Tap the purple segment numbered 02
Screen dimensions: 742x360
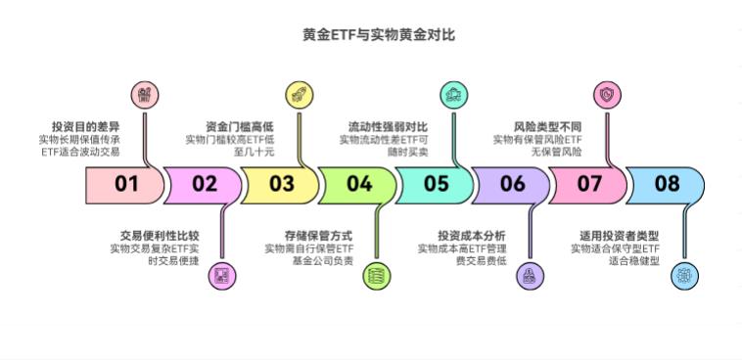pyautogui.click(x=204, y=183)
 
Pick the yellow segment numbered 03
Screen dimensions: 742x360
pyautogui.click(x=281, y=183)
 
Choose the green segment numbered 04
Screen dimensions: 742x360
pyautogui.click(x=358, y=183)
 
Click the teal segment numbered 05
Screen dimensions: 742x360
pyautogui.click(x=436, y=183)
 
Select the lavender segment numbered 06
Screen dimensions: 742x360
pyautogui.click(x=512, y=183)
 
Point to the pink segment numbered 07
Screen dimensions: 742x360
pyautogui.click(x=589, y=183)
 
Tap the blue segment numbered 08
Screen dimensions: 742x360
pyautogui.click(x=667, y=183)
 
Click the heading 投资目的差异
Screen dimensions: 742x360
pyautogui.click(x=86, y=126)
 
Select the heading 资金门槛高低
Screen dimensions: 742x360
pyautogui.click(x=240, y=126)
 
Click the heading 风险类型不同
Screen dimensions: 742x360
pyautogui.click(x=547, y=126)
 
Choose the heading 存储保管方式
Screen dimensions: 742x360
pyautogui.click(x=318, y=236)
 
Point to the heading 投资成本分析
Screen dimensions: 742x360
pyautogui.click(x=472, y=236)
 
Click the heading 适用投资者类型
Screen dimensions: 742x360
pyautogui.click(x=626, y=236)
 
